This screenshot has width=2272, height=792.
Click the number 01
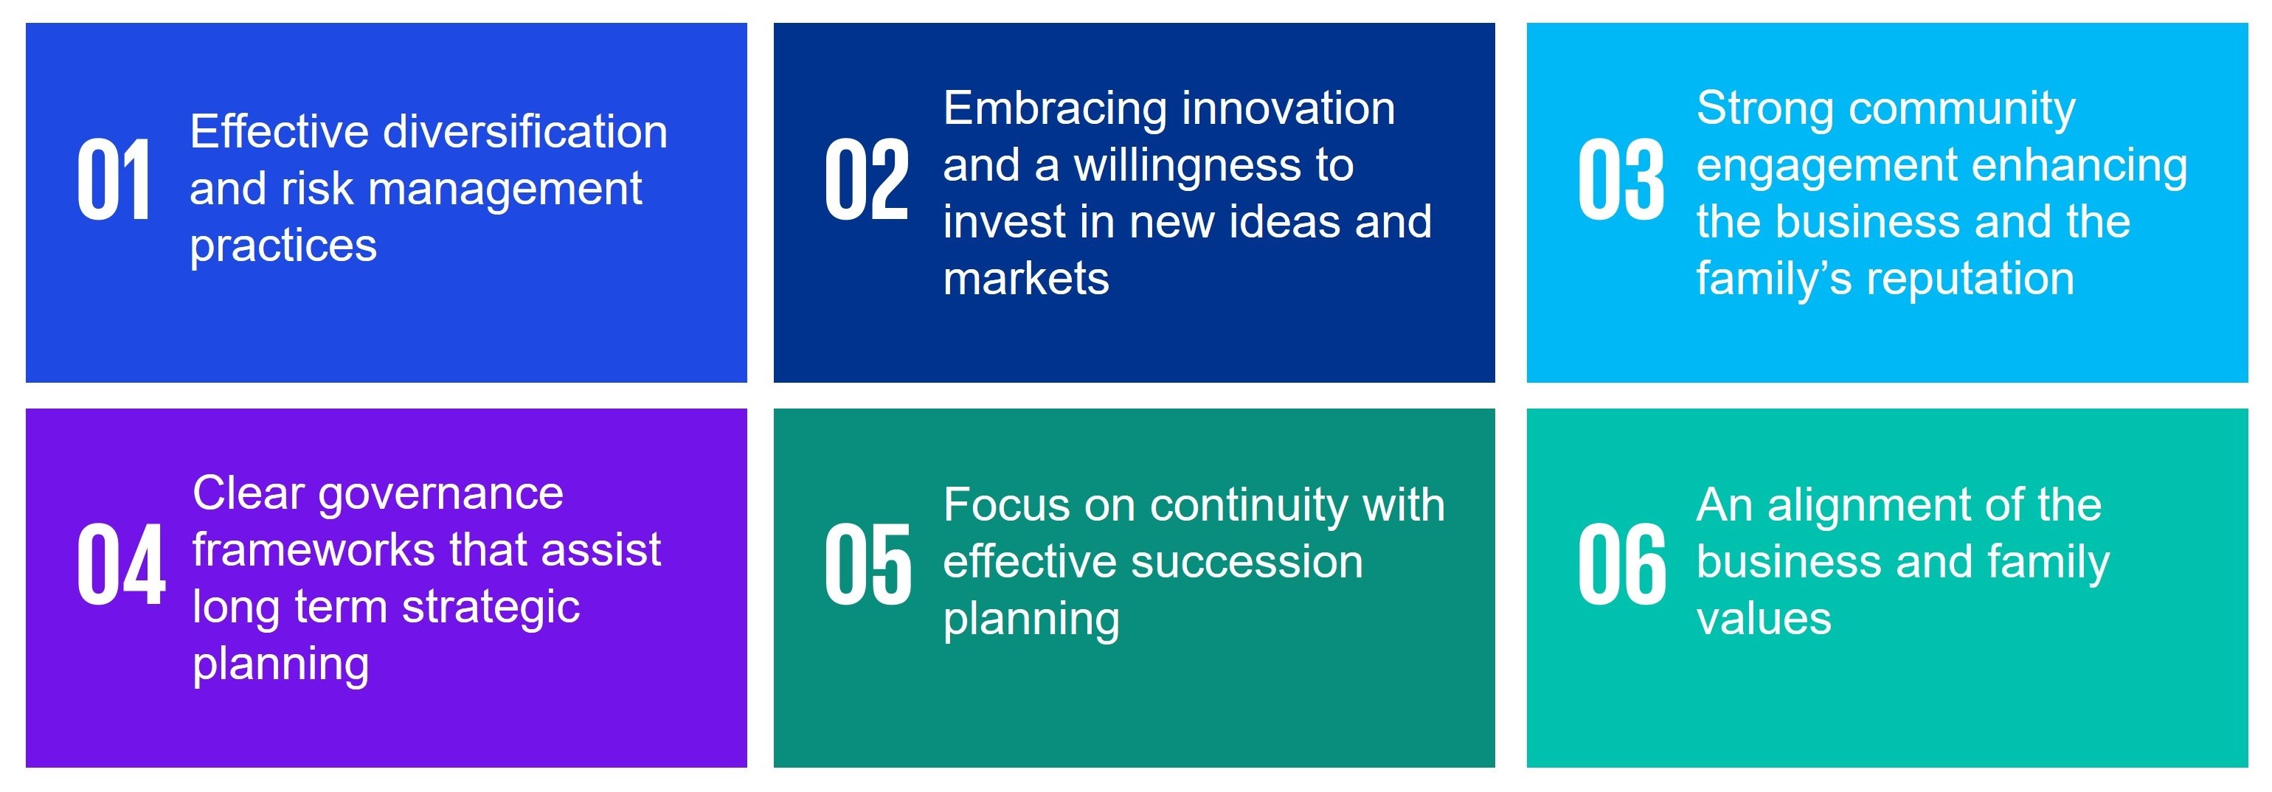click(113, 181)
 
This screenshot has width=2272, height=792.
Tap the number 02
click(866, 181)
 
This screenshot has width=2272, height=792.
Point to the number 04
click(121, 564)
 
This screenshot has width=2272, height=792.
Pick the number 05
click(868, 564)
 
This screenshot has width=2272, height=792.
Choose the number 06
click(1622, 564)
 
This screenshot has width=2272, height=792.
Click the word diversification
click(526, 132)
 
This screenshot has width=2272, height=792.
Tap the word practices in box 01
click(283, 247)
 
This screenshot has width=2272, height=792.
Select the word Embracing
click(1055, 110)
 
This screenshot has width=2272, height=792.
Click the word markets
click(1026, 279)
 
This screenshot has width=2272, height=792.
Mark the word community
click(1962, 110)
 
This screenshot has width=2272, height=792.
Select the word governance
click(440, 495)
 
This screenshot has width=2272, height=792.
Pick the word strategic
click(491, 608)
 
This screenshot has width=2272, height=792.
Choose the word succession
click(1240, 563)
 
